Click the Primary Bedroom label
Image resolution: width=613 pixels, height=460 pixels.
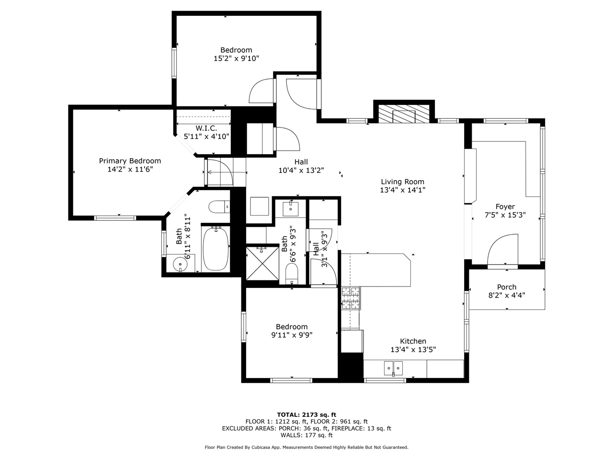[130, 161]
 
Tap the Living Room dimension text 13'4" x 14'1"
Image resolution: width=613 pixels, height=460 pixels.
[402, 190]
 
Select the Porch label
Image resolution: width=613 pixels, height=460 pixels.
[506, 287]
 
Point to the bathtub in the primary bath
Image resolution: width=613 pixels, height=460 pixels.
[216, 249]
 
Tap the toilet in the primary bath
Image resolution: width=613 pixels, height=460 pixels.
[219, 207]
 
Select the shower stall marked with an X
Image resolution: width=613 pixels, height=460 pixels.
[261, 262]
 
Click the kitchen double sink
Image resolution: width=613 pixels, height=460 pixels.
[394, 368]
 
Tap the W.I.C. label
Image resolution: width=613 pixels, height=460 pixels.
[206, 128]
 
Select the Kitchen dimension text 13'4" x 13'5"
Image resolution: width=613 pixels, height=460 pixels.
[413, 350]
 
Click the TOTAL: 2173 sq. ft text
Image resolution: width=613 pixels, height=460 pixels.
[306, 414]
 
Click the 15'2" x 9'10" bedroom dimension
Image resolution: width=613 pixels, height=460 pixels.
[236, 58]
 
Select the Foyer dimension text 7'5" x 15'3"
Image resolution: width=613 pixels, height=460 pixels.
[505, 215]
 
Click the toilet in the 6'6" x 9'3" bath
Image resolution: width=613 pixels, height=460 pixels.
[292, 275]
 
